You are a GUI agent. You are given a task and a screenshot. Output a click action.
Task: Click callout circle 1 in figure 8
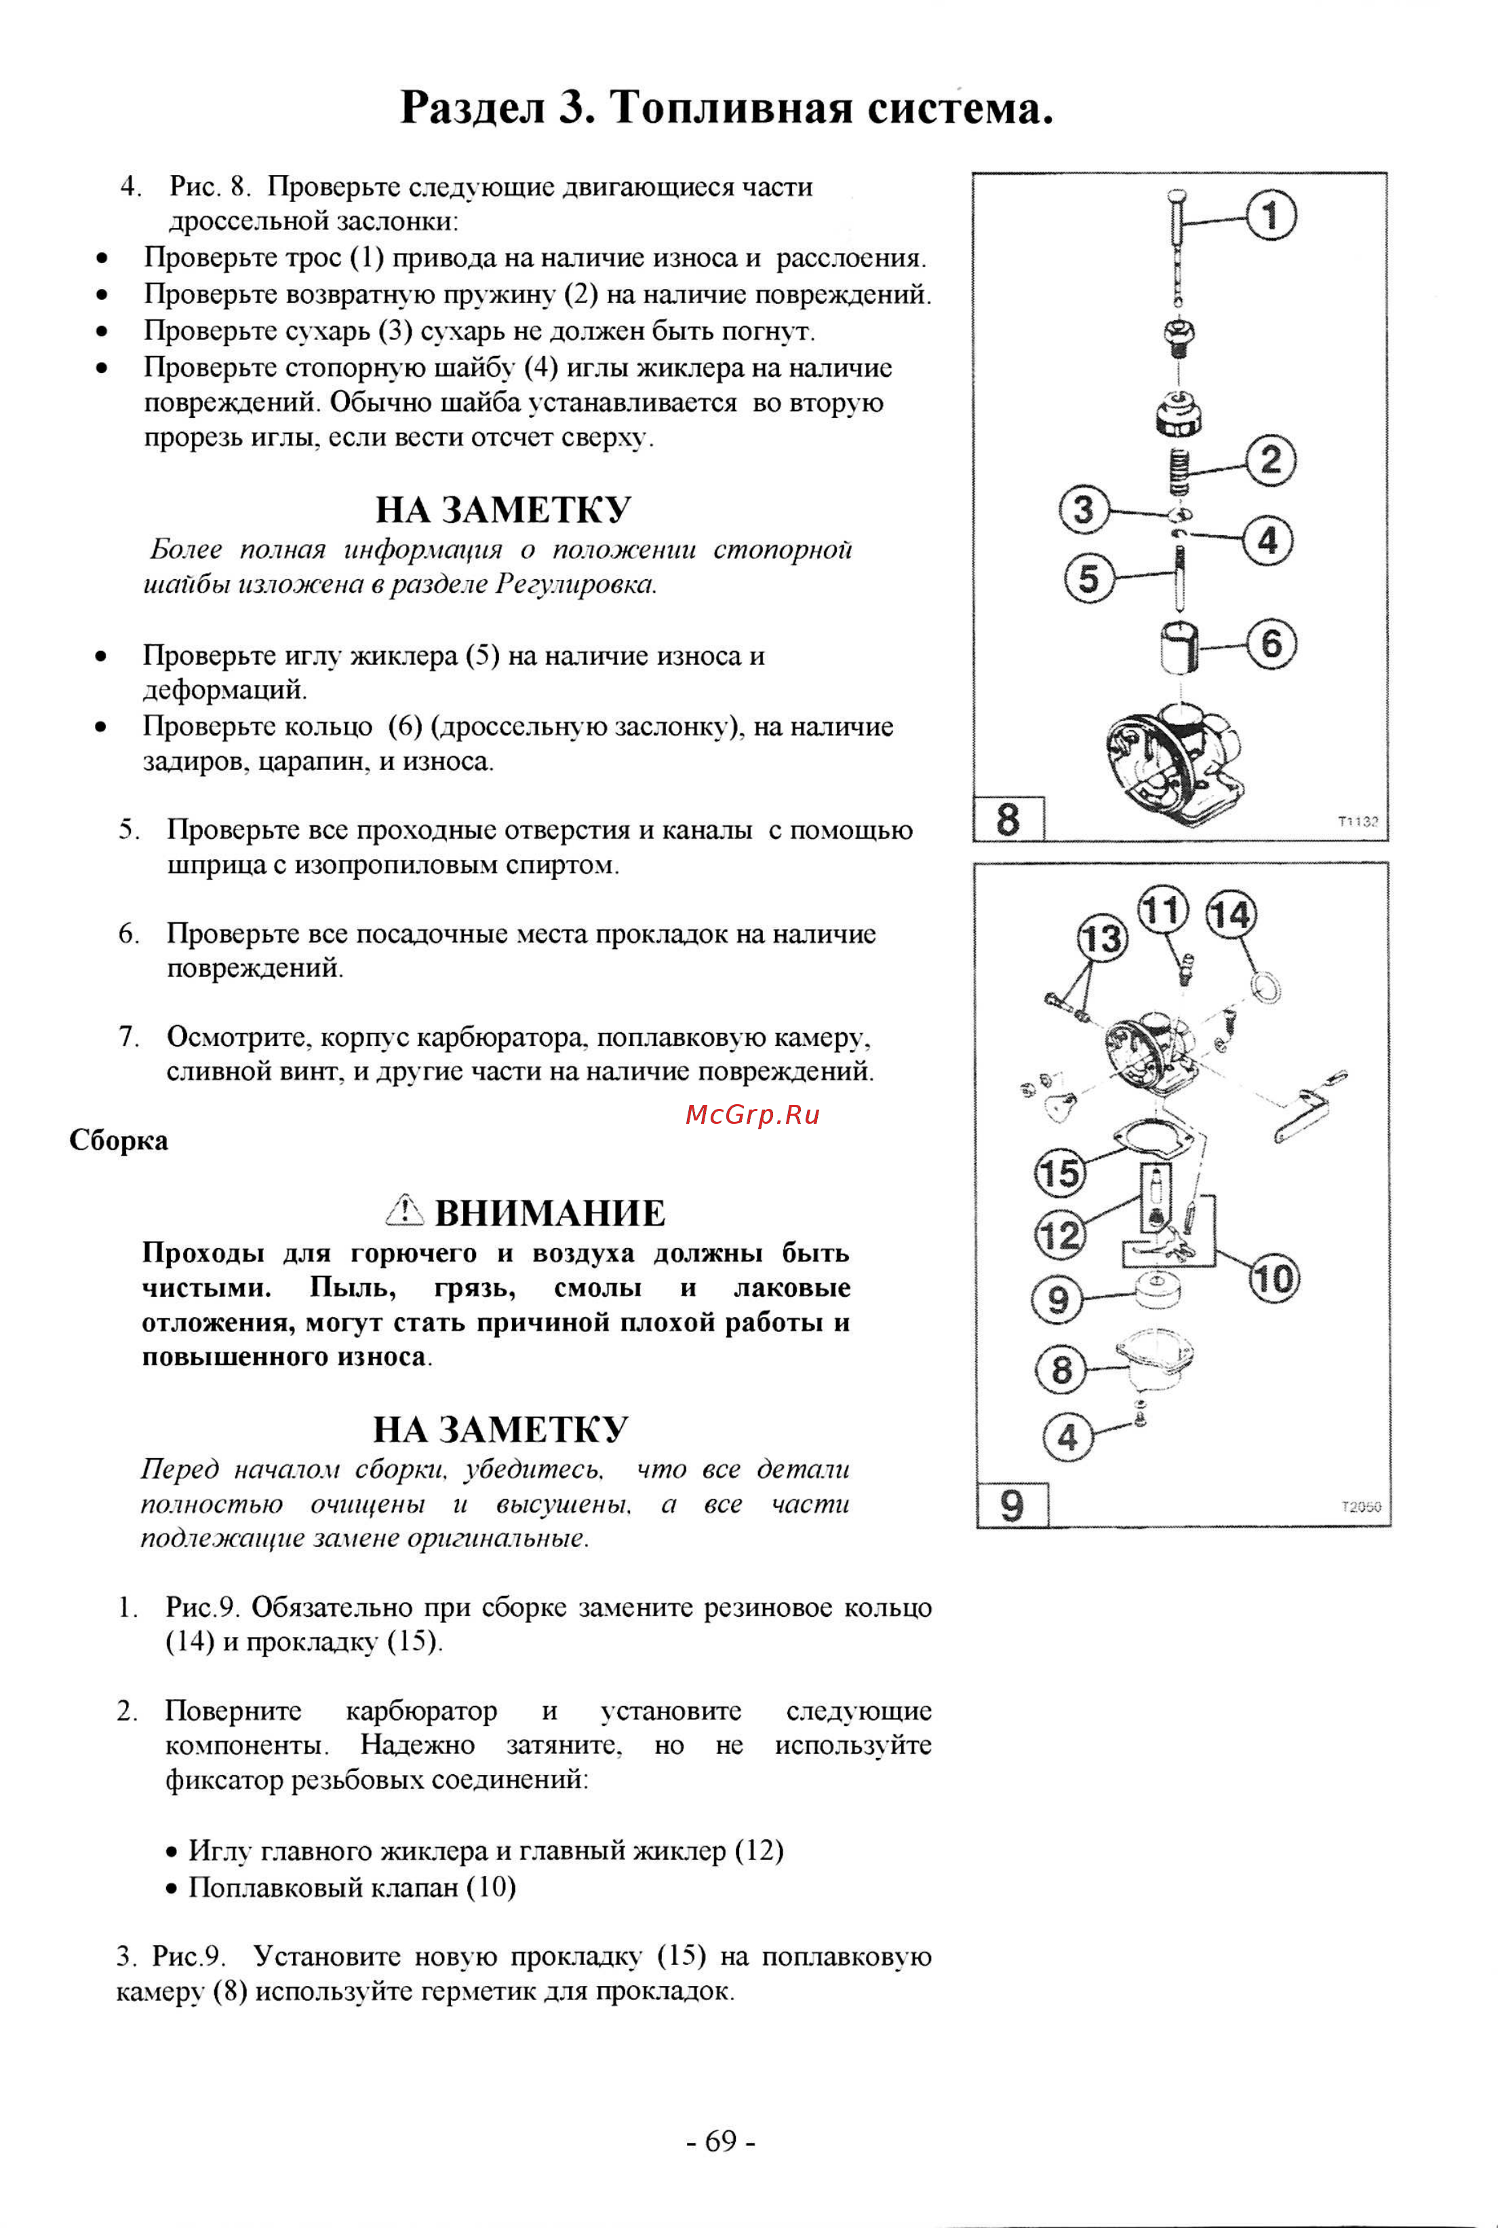[1271, 215]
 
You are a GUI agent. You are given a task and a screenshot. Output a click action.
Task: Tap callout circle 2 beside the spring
[1271, 461]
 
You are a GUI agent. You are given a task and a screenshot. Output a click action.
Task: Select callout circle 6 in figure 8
[1272, 643]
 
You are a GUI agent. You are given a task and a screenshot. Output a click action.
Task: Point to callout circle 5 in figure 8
[1089, 578]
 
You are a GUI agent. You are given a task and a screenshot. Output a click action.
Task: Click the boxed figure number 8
[1008, 819]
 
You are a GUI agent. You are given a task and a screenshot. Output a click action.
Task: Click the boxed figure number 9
[1012, 1506]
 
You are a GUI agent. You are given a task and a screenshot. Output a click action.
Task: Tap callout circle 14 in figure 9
[1231, 915]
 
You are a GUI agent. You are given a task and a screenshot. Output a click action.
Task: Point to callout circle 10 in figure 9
[1273, 1278]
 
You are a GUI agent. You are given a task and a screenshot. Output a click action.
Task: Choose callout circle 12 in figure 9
[1059, 1235]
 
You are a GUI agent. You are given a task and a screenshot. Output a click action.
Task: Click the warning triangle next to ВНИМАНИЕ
[404, 1211]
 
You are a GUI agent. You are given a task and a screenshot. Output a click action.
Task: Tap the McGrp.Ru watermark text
[752, 1115]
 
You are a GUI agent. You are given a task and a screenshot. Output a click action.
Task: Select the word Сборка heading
[119, 1141]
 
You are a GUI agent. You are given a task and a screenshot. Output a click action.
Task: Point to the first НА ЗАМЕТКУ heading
[502, 509]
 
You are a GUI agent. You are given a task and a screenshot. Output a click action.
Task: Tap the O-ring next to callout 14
[1267, 987]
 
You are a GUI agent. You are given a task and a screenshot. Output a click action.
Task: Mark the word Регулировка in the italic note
[575, 584]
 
